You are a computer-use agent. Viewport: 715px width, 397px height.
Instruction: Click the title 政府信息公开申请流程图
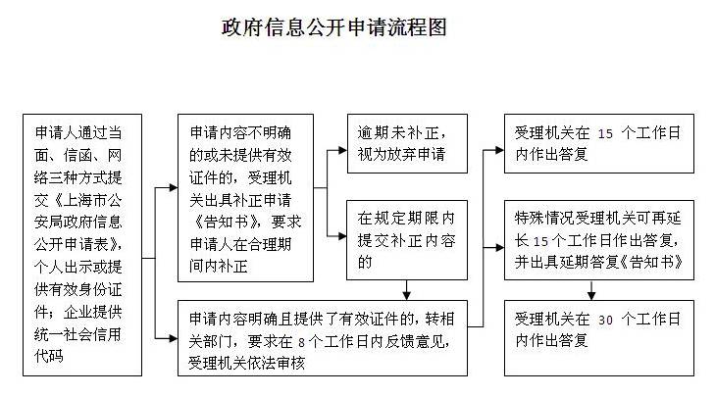tap(334, 27)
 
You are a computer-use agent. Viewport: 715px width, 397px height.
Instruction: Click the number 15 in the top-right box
tap(605, 133)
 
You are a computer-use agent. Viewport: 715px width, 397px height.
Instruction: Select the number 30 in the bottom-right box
tap(605, 320)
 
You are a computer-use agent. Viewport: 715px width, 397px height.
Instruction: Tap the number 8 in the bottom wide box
tap(301, 342)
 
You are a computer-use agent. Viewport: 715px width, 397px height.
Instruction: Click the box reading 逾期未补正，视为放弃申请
tap(407, 143)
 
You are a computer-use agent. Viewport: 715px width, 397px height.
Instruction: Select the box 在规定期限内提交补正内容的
tap(407, 240)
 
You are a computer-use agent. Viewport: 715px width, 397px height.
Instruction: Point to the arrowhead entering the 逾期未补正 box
tap(342, 150)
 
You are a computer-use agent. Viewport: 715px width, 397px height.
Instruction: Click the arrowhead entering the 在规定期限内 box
tap(342, 236)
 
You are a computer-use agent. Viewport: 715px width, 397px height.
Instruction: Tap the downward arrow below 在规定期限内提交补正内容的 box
tap(407, 290)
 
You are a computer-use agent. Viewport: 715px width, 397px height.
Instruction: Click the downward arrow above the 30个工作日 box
tap(591, 290)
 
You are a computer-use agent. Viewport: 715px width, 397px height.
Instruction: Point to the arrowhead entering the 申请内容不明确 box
tap(174, 187)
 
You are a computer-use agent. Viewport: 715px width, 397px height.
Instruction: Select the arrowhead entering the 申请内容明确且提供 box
tap(174, 338)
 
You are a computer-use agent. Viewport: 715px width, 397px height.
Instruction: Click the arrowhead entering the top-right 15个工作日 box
tap(500, 150)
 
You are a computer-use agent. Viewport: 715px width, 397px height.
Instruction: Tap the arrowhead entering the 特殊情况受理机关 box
tap(500, 247)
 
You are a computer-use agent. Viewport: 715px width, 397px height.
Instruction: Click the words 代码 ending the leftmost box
tap(49, 356)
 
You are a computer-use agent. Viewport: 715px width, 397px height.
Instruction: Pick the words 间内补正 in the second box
tap(219, 266)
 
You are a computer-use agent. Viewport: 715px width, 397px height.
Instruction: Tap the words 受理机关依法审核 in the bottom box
tap(246, 364)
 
